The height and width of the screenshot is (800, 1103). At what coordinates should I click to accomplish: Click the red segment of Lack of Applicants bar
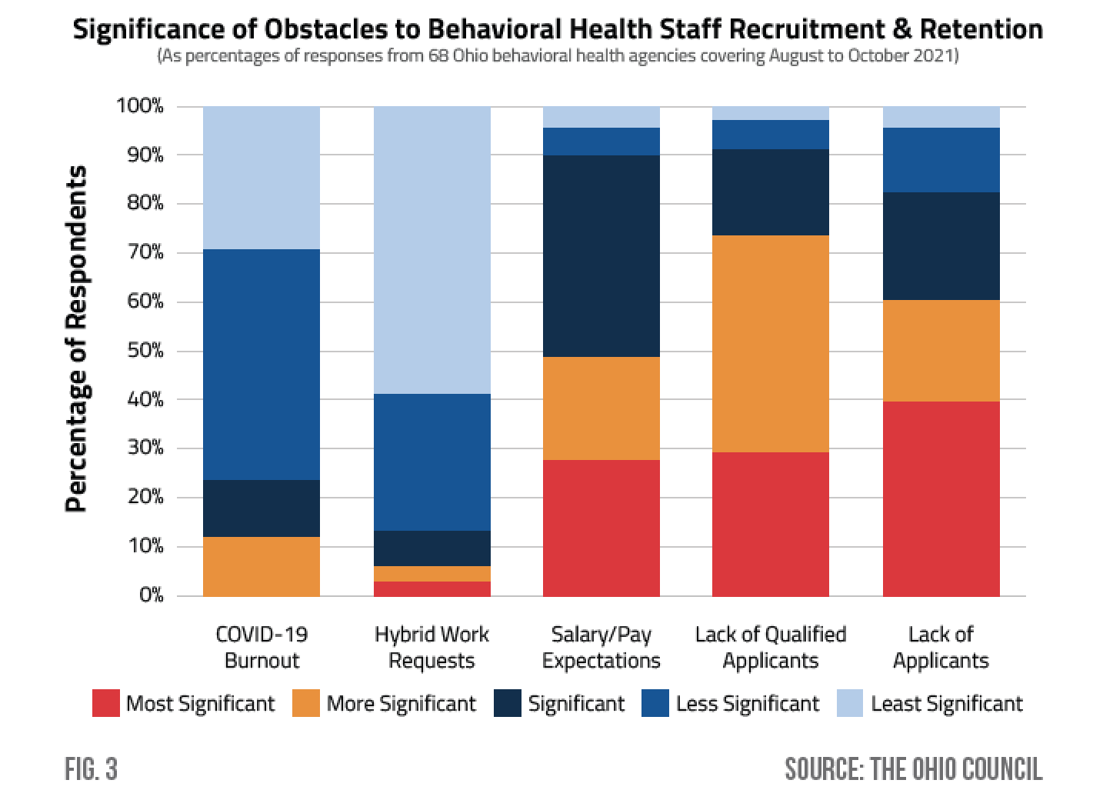coord(941,498)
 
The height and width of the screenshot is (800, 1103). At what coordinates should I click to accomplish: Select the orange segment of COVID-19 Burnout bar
coord(262,566)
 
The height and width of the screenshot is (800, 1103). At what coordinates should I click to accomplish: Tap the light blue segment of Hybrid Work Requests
coord(432,250)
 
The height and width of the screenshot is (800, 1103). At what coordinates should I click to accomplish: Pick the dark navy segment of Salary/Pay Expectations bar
coord(601,256)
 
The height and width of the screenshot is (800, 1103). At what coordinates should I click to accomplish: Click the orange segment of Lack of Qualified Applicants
coord(771,344)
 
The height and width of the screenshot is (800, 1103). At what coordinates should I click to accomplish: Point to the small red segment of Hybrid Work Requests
coord(432,588)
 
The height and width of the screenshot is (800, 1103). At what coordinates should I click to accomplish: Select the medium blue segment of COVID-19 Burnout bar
coord(262,365)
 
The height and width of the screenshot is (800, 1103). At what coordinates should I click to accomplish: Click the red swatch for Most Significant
coord(105,703)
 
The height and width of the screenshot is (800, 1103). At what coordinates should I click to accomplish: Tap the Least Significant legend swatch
coord(851,703)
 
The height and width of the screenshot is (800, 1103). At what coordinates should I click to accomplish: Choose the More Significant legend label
coord(401,703)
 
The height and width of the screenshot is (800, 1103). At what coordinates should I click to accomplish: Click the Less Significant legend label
coord(748,703)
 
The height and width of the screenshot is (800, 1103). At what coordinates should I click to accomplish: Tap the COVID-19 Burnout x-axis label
coord(262,647)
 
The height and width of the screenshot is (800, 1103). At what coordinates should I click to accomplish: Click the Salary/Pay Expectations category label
coord(601,647)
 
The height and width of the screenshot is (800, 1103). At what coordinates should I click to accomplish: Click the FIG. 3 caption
coord(91,769)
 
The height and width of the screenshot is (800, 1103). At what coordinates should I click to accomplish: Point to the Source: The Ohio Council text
coord(913,769)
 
